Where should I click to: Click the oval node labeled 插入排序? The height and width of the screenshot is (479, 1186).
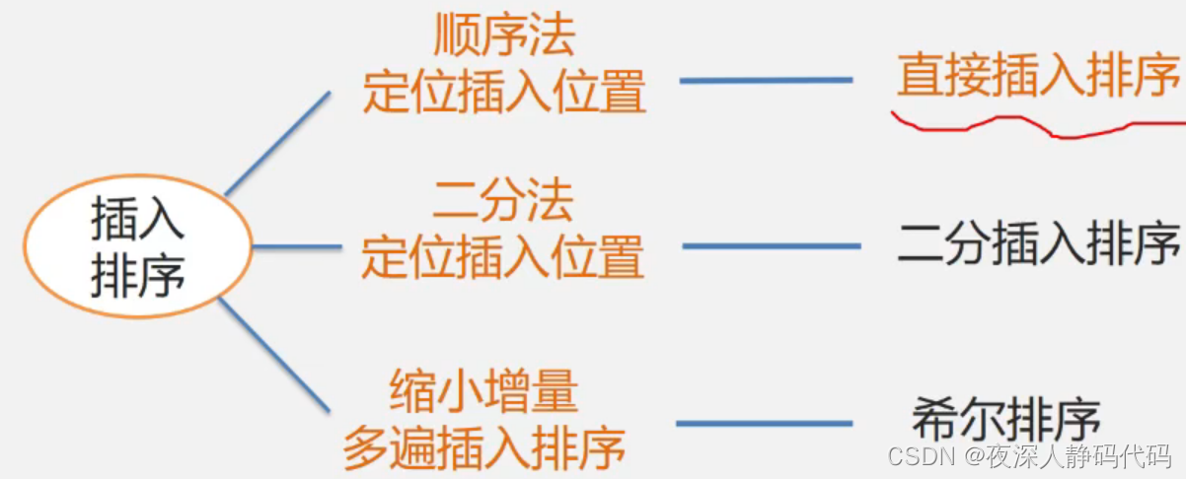(x=138, y=246)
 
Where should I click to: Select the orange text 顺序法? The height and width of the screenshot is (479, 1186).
(x=504, y=38)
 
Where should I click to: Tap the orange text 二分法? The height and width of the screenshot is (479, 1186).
(x=503, y=203)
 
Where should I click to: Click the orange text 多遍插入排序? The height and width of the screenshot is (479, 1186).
(x=484, y=448)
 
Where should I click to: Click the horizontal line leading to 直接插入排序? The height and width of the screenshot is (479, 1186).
(x=766, y=80)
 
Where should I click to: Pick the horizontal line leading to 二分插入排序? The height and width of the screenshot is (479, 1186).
(x=771, y=245)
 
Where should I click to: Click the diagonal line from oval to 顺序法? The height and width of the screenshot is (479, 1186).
(x=278, y=144)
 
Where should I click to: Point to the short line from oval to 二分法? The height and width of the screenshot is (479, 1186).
(x=296, y=246)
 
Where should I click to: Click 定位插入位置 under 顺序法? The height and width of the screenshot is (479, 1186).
(x=504, y=94)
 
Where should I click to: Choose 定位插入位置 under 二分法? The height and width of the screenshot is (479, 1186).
(x=502, y=258)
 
